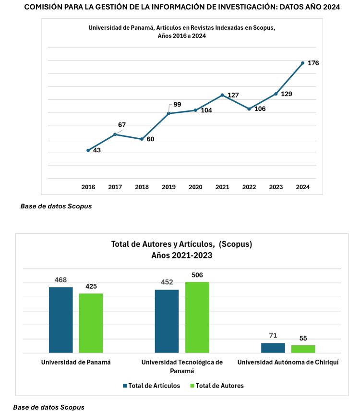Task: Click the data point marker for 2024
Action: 302,63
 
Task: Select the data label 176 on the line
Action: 313,63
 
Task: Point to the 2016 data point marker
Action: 88,150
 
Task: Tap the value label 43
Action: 97,150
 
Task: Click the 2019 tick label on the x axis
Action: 168,187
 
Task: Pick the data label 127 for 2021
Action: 233,95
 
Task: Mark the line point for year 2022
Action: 249,109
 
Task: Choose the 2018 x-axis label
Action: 142,187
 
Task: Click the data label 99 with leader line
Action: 177,104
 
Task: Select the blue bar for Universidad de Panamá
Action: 61,320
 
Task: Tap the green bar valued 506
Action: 197,317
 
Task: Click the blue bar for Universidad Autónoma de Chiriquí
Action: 273,348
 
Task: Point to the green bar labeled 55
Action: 303,349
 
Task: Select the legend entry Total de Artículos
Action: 152,385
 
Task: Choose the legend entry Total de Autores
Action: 217,385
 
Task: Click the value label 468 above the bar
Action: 61,279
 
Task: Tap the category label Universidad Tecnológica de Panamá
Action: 182,366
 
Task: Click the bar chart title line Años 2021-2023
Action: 181,255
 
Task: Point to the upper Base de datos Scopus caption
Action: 56,206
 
